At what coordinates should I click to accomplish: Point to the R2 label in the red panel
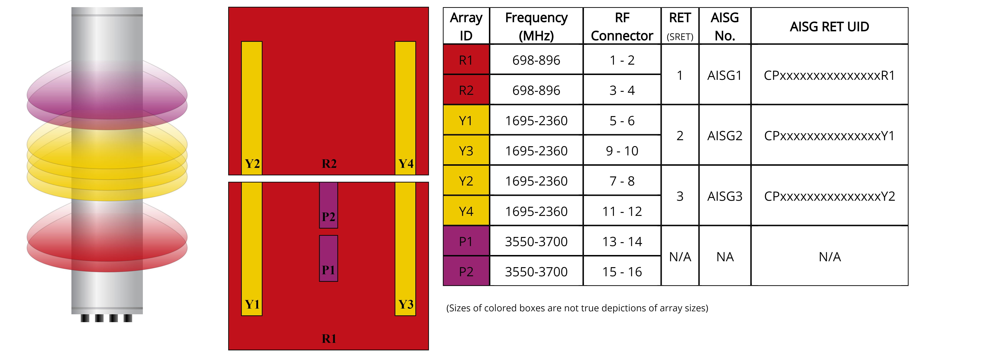tap(329, 164)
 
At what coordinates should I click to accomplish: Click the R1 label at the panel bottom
tap(329, 339)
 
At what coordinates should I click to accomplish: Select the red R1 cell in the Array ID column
tap(466, 60)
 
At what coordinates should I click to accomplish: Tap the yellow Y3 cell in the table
tap(466, 151)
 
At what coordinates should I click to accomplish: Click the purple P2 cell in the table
tap(466, 271)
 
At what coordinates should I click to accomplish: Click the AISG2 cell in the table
tap(724, 136)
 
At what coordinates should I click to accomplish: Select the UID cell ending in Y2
tap(829, 196)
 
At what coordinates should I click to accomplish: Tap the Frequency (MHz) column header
tap(536, 26)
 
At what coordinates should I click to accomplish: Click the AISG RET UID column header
tap(829, 26)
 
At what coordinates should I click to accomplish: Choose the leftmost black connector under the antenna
tap(85, 318)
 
